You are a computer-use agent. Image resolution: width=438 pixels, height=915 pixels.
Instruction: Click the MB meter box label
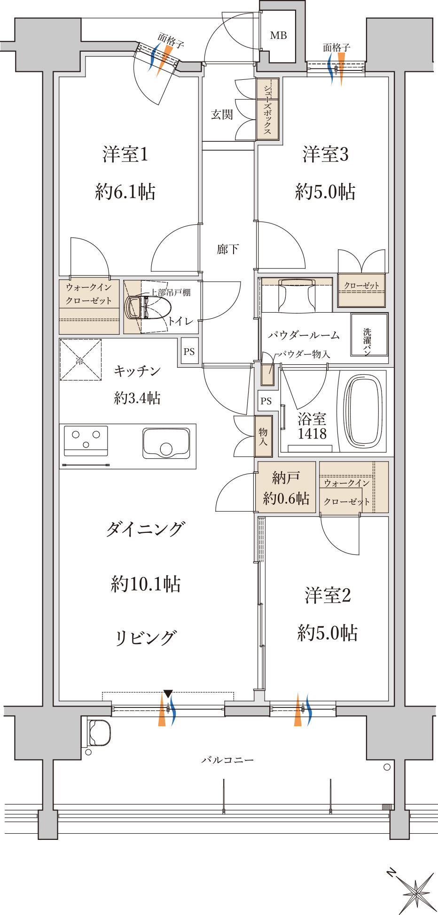pyautogui.click(x=278, y=36)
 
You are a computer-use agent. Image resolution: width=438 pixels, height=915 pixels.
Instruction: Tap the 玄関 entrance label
pyautogui.click(x=222, y=114)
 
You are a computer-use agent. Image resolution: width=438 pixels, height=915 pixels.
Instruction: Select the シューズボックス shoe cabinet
pyautogui.click(x=267, y=109)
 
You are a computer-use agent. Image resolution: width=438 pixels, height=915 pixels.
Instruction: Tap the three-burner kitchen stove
pyautogui.click(x=86, y=440)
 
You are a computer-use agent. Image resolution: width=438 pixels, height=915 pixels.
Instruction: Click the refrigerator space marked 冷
pyautogui.click(x=80, y=360)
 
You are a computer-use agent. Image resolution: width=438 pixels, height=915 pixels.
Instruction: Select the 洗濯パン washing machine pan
pyautogui.click(x=369, y=334)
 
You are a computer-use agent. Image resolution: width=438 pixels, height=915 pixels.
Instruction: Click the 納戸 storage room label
pyautogui.click(x=286, y=478)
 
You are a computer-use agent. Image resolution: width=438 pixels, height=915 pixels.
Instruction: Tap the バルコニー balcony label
pyautogui.click(x=227, y=760)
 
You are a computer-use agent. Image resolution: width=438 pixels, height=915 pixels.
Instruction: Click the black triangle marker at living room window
pyautogui.click(x=168, y=693)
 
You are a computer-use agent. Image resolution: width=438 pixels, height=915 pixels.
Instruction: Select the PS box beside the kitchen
pyautogui.click(x=189, y=352)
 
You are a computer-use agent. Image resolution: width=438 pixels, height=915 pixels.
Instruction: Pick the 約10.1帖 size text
pyautogui.click(x=146, y=584)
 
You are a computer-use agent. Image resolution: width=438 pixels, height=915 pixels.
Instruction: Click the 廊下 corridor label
pyautogui.click(x=228, y=249)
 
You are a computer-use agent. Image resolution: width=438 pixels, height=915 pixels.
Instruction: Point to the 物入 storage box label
pyautogui.click(x=263, y=436)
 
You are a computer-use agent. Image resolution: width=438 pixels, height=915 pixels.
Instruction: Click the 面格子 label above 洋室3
pyautogui.click(x=336, y=47)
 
